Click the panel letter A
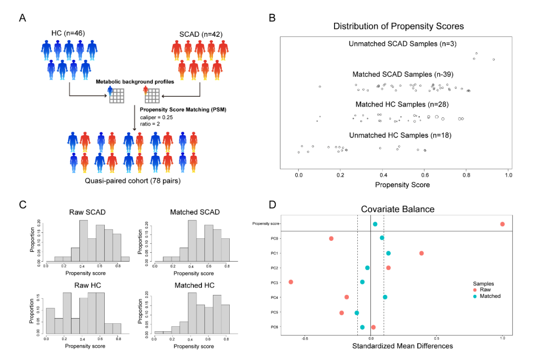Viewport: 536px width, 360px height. click(22, 18)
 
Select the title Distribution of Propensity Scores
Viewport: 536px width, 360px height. click(399, 26)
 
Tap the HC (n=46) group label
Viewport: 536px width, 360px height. click(68, 33)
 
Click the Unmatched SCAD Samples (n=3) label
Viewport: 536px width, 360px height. click(402, 44)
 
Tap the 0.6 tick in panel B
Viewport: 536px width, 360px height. click(425, 175)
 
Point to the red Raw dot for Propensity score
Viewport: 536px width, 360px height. click(502, 224)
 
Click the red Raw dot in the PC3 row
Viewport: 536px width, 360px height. click(291, 282)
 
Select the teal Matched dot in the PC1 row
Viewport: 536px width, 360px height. click(388, 253)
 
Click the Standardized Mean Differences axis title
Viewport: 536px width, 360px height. click(396, 346)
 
